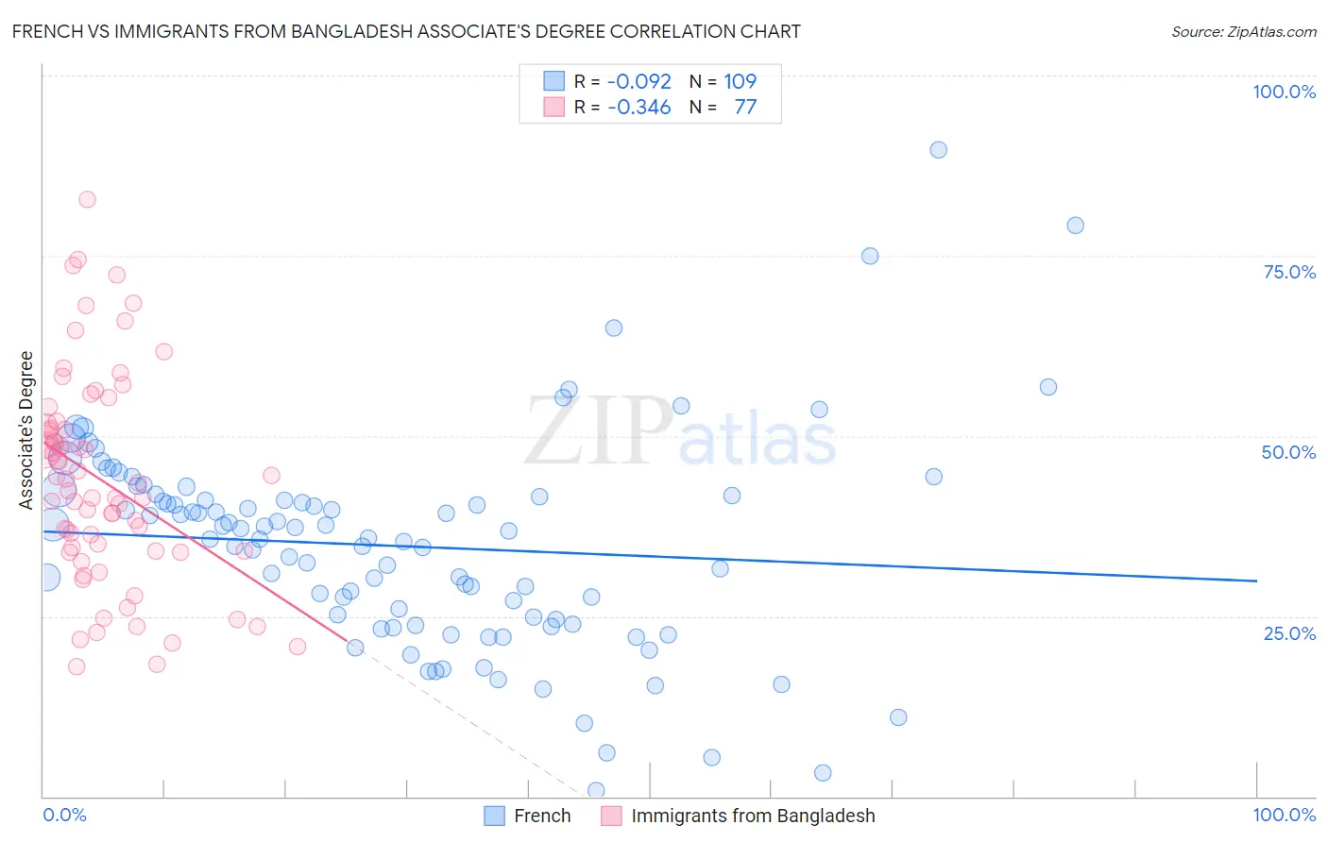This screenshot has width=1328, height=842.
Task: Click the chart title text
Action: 406,32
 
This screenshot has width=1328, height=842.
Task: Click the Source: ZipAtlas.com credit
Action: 1243,32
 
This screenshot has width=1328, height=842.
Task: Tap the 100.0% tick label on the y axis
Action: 1284,92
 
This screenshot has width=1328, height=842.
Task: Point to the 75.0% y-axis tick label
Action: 1289,272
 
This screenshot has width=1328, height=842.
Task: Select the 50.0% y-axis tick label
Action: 1288,452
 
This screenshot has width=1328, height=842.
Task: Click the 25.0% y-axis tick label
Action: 1289,632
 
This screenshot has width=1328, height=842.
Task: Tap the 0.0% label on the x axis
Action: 64,815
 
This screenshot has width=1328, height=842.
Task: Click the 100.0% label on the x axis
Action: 1284,815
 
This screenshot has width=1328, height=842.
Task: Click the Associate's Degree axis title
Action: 26,429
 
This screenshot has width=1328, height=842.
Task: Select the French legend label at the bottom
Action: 542,816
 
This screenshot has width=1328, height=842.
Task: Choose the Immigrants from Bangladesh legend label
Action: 753,816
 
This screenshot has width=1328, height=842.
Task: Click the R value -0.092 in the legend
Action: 639,81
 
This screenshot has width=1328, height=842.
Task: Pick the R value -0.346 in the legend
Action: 639,107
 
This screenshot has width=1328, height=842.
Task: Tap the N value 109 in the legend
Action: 741,81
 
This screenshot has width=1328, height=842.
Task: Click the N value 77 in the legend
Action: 745,107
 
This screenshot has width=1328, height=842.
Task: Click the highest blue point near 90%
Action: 938,150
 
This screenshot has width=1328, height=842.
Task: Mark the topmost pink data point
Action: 87,199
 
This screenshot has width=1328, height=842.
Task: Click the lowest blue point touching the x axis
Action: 596,790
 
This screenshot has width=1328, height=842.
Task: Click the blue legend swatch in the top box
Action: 553,81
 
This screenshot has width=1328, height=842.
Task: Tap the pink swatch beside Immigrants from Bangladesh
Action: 611,816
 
